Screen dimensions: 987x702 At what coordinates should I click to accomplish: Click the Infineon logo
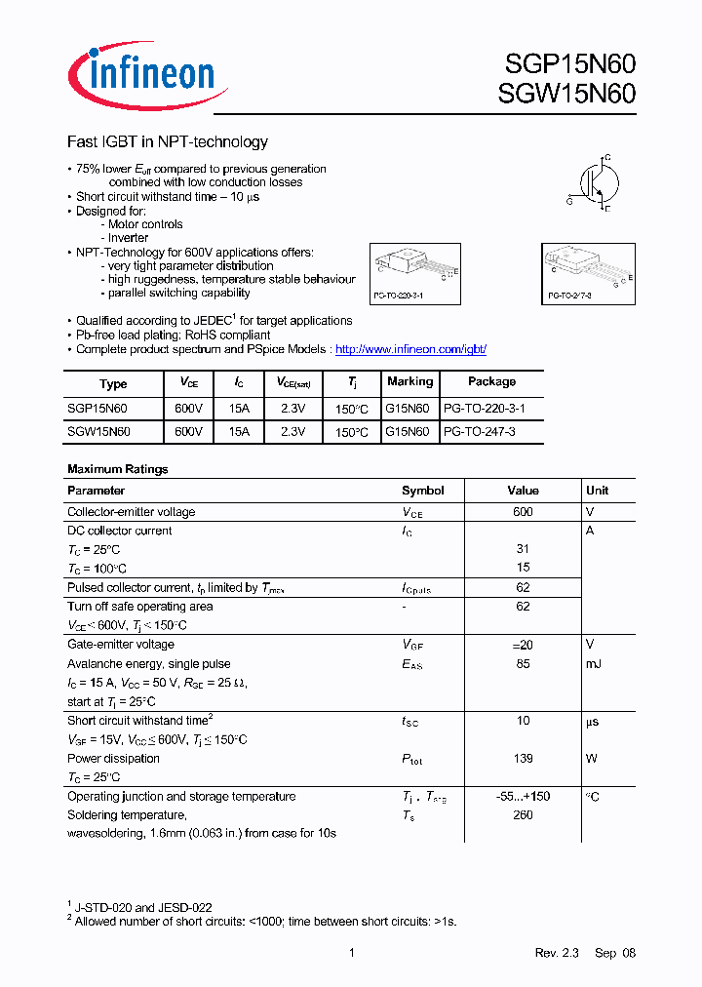point(146,74)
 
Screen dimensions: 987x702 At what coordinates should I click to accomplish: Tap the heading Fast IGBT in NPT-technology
point(167,142)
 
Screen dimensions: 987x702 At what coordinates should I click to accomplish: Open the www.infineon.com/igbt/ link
point(410,349)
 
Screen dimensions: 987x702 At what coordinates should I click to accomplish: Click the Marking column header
point(409,382)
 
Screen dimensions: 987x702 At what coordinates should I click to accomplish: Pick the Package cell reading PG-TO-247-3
point(480,430)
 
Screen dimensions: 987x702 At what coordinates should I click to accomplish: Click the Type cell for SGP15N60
point(97,408)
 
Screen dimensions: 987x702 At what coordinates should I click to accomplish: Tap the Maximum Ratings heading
point(118,469)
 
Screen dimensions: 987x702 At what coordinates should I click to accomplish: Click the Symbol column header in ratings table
point(422,491)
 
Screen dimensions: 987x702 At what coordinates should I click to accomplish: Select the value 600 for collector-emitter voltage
point(523,512)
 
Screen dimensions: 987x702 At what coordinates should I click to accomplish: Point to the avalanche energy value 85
point(523,664)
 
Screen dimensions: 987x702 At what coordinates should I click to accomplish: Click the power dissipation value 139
point(523,759)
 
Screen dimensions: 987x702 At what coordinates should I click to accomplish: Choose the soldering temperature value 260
point(523,815)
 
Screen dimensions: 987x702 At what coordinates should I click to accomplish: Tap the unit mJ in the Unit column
point(594,664)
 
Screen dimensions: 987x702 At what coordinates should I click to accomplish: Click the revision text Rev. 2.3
point(557,953)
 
